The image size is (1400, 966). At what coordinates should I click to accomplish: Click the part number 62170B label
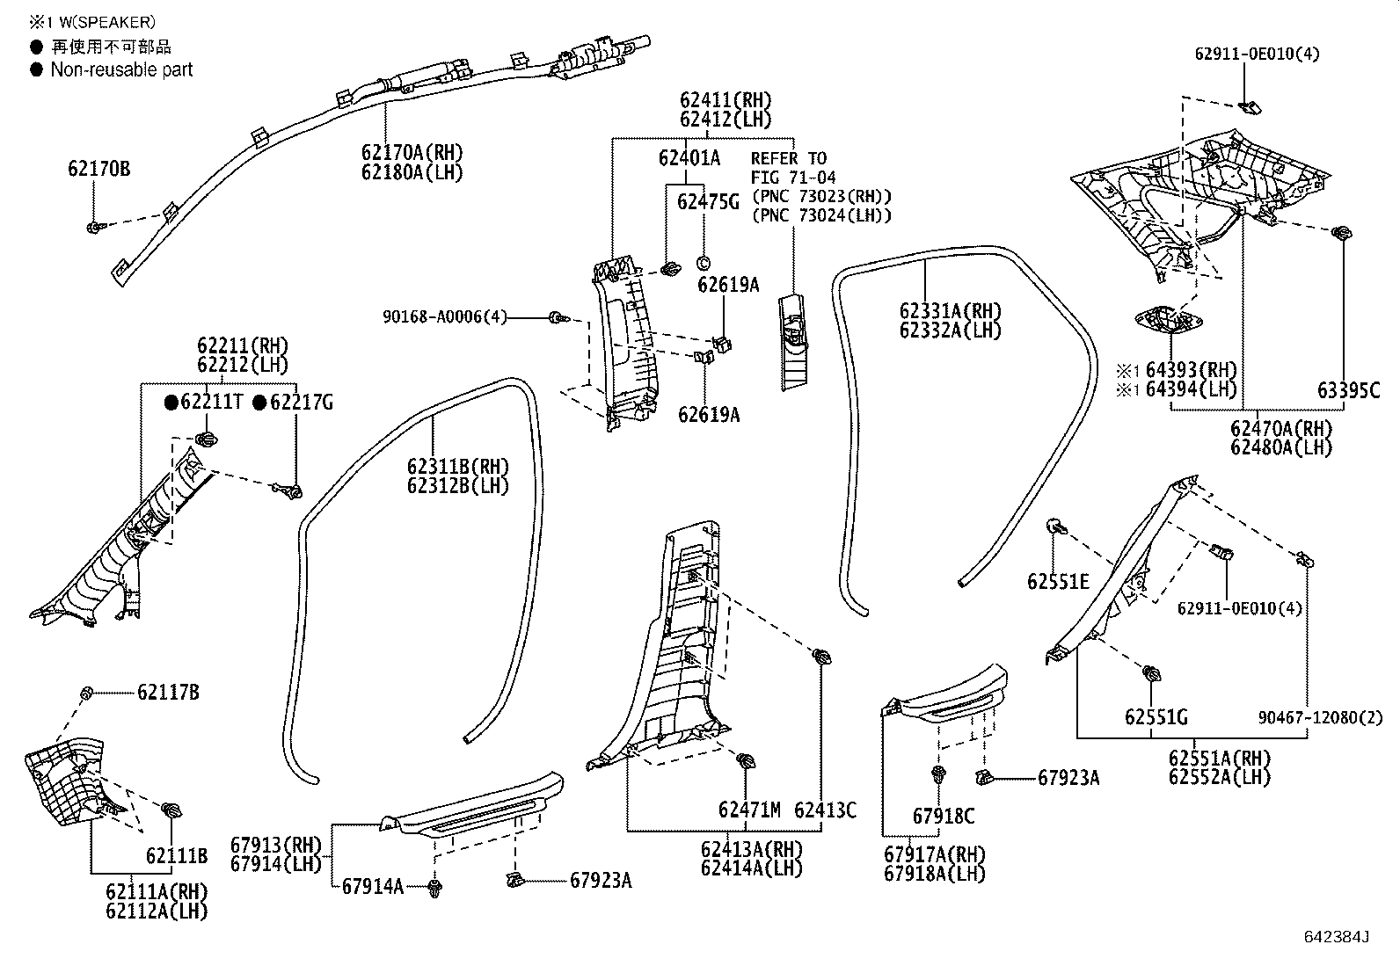[x=98, y=169]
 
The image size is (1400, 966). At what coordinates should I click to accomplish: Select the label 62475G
[x=707, y=203]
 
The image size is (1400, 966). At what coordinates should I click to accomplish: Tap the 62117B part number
[x=167, y=693]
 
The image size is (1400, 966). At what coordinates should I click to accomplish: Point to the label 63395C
[x=1348, y=391]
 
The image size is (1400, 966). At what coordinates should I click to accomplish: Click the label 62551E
[x=1058, y=582]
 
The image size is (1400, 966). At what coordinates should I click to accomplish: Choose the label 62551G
[x=1156, y=718]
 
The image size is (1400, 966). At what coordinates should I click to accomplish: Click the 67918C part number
[x=943, y=817]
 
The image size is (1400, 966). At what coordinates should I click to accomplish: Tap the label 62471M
[x=748, y=810]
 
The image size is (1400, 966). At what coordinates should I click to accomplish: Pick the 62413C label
[x=824, y=810]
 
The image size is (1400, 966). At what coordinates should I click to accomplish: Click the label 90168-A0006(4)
[x=445, y=316]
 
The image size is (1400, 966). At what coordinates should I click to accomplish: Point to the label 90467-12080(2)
[x=1308, y=718]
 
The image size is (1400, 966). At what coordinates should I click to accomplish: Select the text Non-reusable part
[x=121, y=70]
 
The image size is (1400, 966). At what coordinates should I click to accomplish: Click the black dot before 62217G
[x=260, y=403]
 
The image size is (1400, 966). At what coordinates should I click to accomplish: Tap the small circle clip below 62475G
[x=704, y=263]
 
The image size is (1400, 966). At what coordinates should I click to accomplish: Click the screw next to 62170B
[x=95, y=228]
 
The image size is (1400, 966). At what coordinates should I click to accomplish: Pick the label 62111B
[x=176, y=855]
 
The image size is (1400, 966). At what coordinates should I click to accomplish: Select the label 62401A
[x=689, y=158]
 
